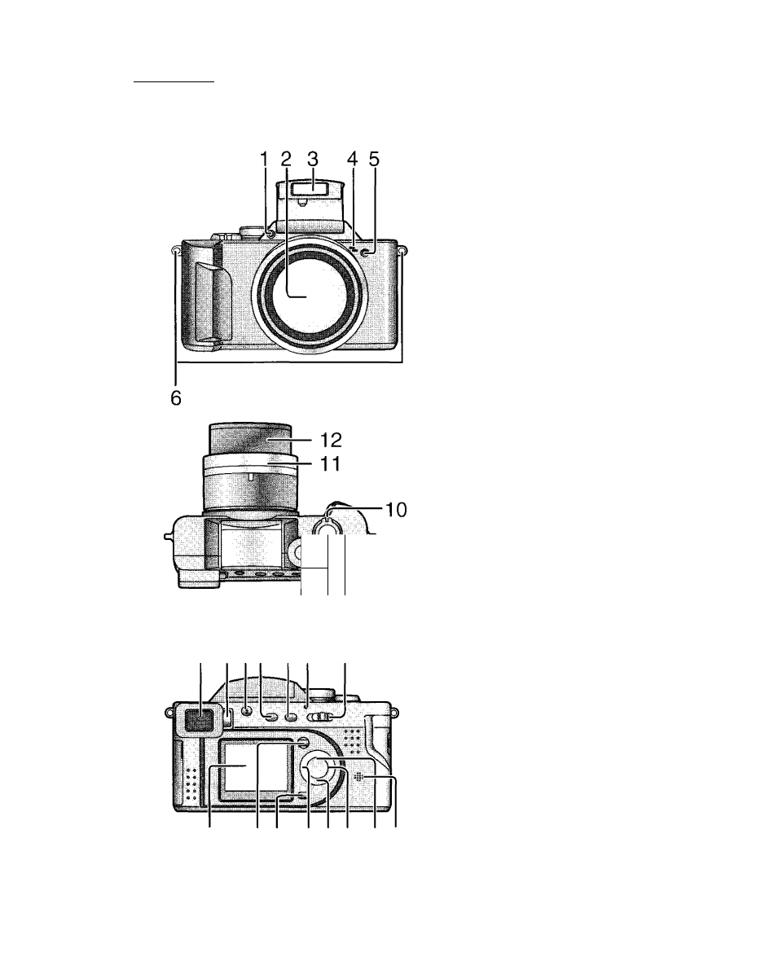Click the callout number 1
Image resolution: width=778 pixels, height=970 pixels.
264,159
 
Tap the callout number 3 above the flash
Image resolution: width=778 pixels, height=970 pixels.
313,159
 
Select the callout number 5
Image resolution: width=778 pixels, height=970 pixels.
374,159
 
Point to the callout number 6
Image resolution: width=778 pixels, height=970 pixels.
176,397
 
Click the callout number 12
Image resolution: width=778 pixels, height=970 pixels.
331,440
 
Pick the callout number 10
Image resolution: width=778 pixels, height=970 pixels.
396,510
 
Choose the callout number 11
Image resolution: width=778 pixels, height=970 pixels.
330,464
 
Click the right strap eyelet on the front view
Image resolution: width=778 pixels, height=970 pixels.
402,251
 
